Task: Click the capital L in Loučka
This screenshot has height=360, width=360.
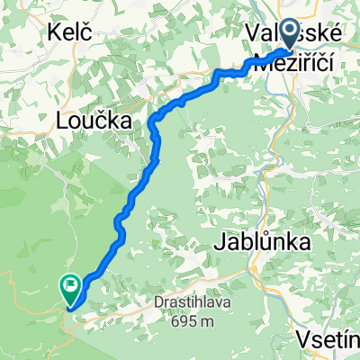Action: point(61,120)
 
